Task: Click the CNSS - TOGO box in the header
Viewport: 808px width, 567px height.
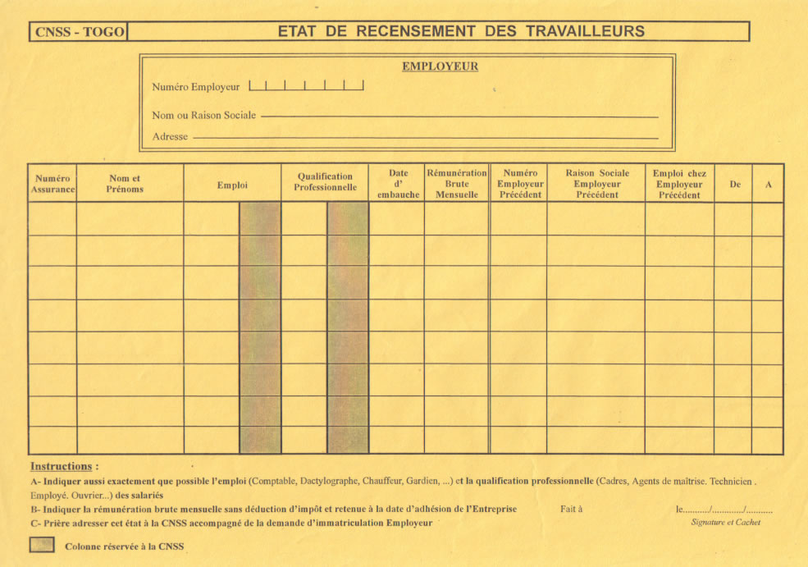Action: (80, 32)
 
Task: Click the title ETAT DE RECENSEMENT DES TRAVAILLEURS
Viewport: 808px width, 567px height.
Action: (461, 31)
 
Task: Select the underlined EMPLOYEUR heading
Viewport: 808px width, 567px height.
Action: (440, 66)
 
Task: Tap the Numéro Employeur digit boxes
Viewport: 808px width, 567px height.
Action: (306, 85)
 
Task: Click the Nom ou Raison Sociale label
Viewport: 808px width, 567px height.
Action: (203, 116)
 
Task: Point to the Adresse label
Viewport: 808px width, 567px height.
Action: (170, 136)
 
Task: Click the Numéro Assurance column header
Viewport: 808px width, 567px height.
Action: (52, 184)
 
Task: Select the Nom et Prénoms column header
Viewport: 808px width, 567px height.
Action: (125, 184)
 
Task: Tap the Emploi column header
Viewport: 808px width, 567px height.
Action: (232, 185)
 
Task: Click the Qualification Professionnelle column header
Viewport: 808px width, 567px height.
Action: (326, 181)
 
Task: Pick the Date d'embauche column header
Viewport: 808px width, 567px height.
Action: (398, 184)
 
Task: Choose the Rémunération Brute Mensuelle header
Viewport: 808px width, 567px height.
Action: (457, 184)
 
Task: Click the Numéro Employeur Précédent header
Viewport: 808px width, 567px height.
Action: (520, 184)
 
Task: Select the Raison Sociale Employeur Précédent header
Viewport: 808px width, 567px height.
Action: (597, 184)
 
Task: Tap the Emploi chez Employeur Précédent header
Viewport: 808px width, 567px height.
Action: (679, 184)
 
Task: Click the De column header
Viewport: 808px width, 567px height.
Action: (735, 185)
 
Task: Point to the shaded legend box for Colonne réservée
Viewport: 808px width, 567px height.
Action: (42, 545)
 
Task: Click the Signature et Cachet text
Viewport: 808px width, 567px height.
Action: (725, 523)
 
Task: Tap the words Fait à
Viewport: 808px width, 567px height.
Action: (571, 510)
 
